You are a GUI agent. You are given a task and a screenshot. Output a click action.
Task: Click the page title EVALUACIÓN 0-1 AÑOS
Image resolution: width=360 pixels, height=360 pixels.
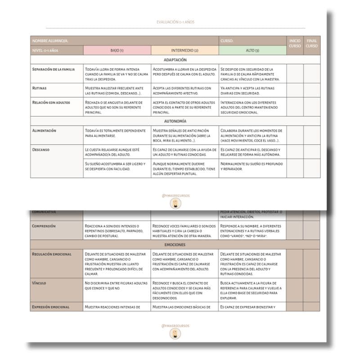coord(175,22)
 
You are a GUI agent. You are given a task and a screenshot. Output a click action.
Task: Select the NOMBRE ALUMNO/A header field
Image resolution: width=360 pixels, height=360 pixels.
coord(50,40)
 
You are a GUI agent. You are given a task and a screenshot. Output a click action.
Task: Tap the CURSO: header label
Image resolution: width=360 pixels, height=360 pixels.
coord(227,40)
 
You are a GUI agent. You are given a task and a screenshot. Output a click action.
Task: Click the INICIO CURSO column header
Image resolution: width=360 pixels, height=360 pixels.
coord(295,43)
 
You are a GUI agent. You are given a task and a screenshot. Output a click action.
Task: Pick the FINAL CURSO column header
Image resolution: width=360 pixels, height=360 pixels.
coord(311,43)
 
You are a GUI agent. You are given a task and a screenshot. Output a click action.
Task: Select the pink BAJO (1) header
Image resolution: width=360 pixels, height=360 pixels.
coord(117,50)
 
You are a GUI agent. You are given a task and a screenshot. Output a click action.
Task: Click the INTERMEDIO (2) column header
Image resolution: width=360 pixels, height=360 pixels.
coord(184,50)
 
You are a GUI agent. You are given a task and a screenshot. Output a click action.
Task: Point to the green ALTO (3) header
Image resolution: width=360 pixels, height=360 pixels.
coord(252,50)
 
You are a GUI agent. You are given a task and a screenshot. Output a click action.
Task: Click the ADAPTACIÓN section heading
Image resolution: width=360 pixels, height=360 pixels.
coord(175,60)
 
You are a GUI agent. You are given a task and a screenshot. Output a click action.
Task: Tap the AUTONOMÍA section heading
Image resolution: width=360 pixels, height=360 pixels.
coord(175,121)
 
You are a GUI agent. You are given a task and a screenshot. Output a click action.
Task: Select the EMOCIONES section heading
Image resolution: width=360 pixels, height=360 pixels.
coord(175,244)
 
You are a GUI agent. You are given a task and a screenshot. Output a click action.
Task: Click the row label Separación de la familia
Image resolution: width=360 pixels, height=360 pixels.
coord(54,69)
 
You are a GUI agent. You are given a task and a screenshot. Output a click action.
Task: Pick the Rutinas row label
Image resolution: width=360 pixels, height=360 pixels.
coord(40,88)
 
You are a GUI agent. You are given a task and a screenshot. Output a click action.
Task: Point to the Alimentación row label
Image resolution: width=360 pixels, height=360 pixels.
coord(44,130)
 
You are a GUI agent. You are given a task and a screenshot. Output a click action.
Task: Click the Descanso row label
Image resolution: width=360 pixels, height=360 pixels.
coord(41,149)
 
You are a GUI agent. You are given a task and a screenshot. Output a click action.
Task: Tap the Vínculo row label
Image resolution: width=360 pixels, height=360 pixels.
coord(39,283)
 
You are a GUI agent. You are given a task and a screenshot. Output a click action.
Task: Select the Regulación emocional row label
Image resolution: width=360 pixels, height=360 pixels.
coord(52,254)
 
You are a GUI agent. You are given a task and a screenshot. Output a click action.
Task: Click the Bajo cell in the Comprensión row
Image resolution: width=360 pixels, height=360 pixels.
coord(117,230)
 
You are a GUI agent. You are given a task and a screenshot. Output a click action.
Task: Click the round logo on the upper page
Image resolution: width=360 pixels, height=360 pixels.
coord(175,204)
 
